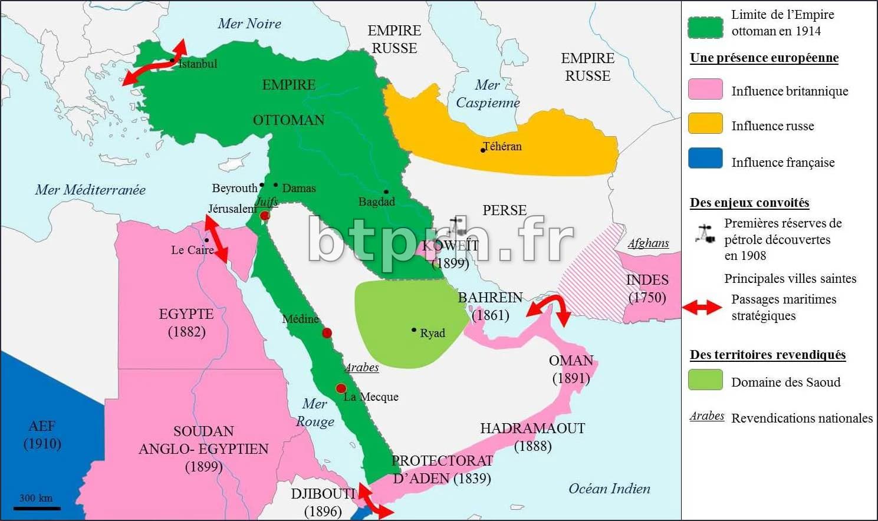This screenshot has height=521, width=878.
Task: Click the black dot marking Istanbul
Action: coord(172,60)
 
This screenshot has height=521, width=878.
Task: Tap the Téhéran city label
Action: coord(502,146)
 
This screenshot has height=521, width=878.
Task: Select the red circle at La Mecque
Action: coord(341,388)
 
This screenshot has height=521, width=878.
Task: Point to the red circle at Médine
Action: coord(327,333)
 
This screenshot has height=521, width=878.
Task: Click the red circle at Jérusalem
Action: coord(265,216)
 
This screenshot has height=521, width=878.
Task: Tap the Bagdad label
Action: coord(376,202)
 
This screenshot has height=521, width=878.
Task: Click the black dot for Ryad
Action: coord(414,330)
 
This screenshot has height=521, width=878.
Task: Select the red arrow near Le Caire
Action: coord(216,239)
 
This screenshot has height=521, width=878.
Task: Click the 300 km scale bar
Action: coord(37,507)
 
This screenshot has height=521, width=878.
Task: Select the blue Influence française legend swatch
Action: coord(705,159)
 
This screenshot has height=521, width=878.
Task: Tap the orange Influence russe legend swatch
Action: coord(705,124)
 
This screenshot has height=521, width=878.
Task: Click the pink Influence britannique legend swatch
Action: coord(705,90)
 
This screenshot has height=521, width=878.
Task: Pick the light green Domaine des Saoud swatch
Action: coord(705,380)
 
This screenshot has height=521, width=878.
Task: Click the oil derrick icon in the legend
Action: coord(705,234)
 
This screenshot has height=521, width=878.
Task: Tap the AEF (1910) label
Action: coord(42,434)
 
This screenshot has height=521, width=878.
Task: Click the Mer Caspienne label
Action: coord(488,94)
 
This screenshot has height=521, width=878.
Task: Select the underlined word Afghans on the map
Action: coord(648,243)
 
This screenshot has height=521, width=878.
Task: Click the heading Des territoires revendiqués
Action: coord(768,355)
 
